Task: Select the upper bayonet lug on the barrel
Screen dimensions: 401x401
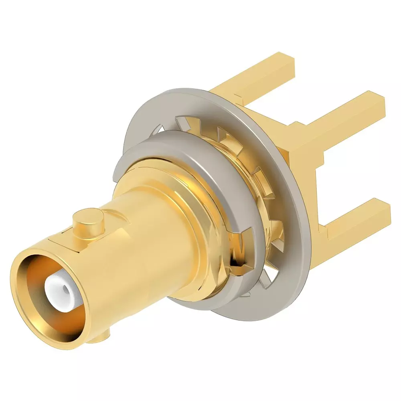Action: (x=88, y=223)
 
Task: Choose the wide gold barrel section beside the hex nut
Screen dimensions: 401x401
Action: (x=160, y=225)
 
